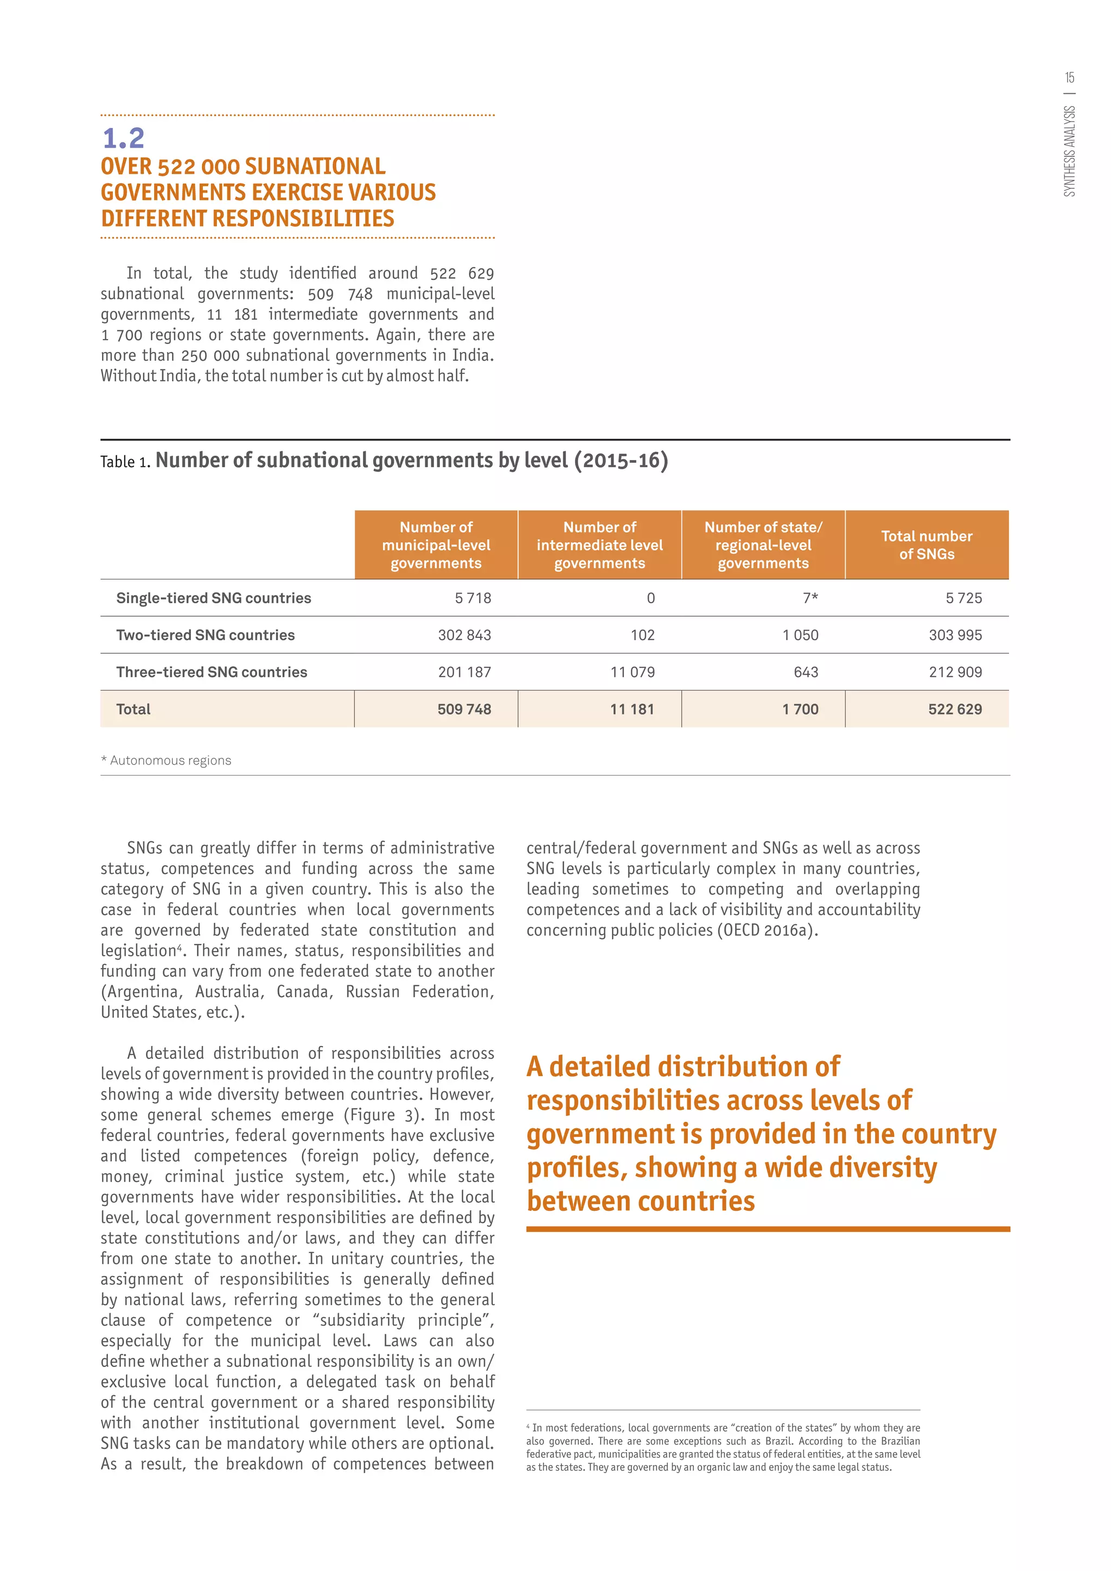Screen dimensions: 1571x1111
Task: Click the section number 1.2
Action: [x=123, y=138]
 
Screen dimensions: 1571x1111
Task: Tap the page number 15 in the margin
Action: [x=1069, y=78]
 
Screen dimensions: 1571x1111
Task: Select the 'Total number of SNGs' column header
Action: [x=927, y=545]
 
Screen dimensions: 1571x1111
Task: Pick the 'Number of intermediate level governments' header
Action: [x=599, y=545]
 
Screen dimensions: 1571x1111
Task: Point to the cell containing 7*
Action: [x=810, y=598]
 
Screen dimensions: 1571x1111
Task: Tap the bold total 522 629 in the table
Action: [x=954, y=709]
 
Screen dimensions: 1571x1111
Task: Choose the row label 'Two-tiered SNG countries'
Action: [x=205, y=635]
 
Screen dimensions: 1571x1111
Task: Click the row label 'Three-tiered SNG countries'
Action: [x=212, y=672]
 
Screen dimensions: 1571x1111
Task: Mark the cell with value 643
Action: [x=806, y=672]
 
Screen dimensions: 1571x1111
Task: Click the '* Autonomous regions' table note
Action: [x=166, y=760]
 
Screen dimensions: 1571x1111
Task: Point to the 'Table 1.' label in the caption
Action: [x=125, y=462]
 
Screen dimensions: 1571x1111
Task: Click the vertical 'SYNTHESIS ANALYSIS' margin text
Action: [x=1069, y=151]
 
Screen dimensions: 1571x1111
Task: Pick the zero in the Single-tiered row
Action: [x=650, y=598]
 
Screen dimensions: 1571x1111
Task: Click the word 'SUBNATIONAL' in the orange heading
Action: [x=315, y=167]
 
